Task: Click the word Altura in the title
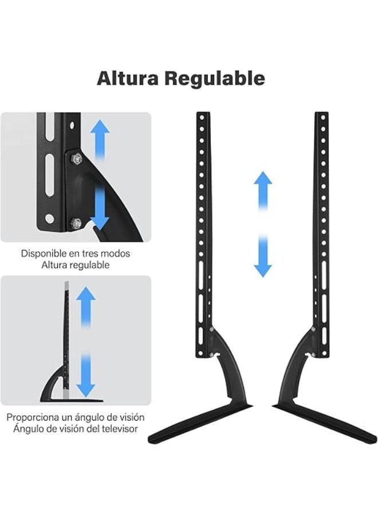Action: [128, 78]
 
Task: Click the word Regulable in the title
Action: [215, 78]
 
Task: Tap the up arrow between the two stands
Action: [263, 191]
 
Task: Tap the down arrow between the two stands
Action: [263, 256]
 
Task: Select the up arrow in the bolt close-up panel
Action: [100, 140]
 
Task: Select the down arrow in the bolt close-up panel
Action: [100, 207]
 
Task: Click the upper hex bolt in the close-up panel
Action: [77, 159]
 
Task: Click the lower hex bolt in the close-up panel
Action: [76, 224]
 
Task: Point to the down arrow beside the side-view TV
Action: [86, 375]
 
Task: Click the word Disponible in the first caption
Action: [44, 253]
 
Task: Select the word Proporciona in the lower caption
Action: [33, 418]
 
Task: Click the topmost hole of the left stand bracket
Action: [202, 117]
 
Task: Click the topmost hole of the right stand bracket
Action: [323, 117]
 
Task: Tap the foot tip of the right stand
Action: [374, 438]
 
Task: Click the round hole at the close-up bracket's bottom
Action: [49, 219]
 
